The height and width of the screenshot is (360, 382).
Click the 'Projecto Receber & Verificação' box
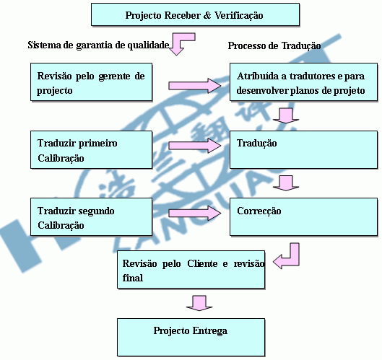coord(195,14)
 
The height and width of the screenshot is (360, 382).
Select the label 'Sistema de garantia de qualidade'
coord(98,45)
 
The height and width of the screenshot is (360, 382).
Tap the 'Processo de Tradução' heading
coord(274,45)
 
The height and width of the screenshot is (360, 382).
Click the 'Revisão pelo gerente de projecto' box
coord(92,82)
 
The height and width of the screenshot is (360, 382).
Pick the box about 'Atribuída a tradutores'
coord(303,82)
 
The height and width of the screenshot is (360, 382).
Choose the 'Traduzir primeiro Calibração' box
coord(92,149)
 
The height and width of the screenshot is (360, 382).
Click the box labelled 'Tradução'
coord(303,149)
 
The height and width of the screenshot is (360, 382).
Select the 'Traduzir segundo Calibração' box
coord(92,216)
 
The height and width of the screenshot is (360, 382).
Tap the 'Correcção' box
coord(303,216)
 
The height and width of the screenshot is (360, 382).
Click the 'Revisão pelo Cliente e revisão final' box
coord(191,269)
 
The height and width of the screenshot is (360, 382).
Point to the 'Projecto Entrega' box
coord(191,337)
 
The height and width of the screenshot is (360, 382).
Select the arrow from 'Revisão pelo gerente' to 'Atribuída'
coord(195,86)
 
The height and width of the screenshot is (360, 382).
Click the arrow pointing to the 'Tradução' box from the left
coord(195,146)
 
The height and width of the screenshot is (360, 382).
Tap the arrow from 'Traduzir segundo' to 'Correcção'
coord(195,214)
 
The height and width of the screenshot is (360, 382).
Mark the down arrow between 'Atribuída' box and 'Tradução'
coord(286,115)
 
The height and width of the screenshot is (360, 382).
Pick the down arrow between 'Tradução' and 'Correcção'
coord(286,183)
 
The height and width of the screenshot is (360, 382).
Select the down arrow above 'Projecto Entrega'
coord(199,303)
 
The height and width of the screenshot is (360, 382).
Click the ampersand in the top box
coord(207,15)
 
